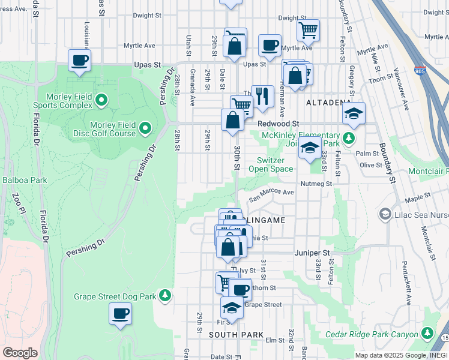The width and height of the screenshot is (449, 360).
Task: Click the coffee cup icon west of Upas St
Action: [x=79, y=60]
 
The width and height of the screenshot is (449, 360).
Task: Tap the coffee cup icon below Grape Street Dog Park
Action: [x=120, y=313]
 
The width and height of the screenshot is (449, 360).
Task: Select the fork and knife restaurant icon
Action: [x=262, y=95]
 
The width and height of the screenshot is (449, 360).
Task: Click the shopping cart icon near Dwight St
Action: [x=307, y=29]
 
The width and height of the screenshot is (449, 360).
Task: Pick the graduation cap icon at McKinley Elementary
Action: [x=310, y=148]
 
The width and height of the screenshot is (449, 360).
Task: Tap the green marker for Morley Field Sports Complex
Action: [x=101, y=100]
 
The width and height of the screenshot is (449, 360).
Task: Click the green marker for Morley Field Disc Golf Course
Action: [x=145, y=127]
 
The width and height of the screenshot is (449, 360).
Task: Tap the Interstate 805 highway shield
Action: [x=420, y=71]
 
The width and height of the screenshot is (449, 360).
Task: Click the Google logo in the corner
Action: [x=19, y=353]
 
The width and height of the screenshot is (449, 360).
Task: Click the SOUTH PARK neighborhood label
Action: [x=233, y=335]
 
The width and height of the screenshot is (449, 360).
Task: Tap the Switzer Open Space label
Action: [x=275, y=164]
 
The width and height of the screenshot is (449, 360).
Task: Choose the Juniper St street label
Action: [x=312, y=253]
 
